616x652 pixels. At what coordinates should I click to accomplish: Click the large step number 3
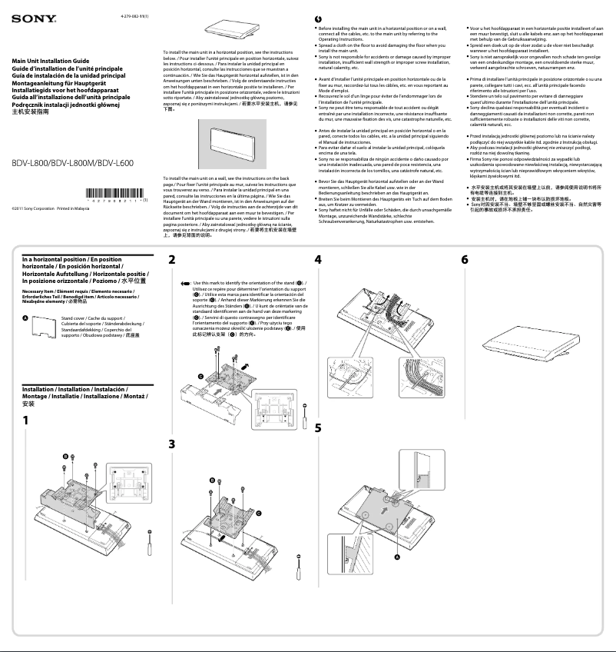coord(172,444)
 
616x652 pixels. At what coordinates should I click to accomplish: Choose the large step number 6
coord(465,260)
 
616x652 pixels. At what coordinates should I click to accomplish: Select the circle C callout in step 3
coord(259,512)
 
